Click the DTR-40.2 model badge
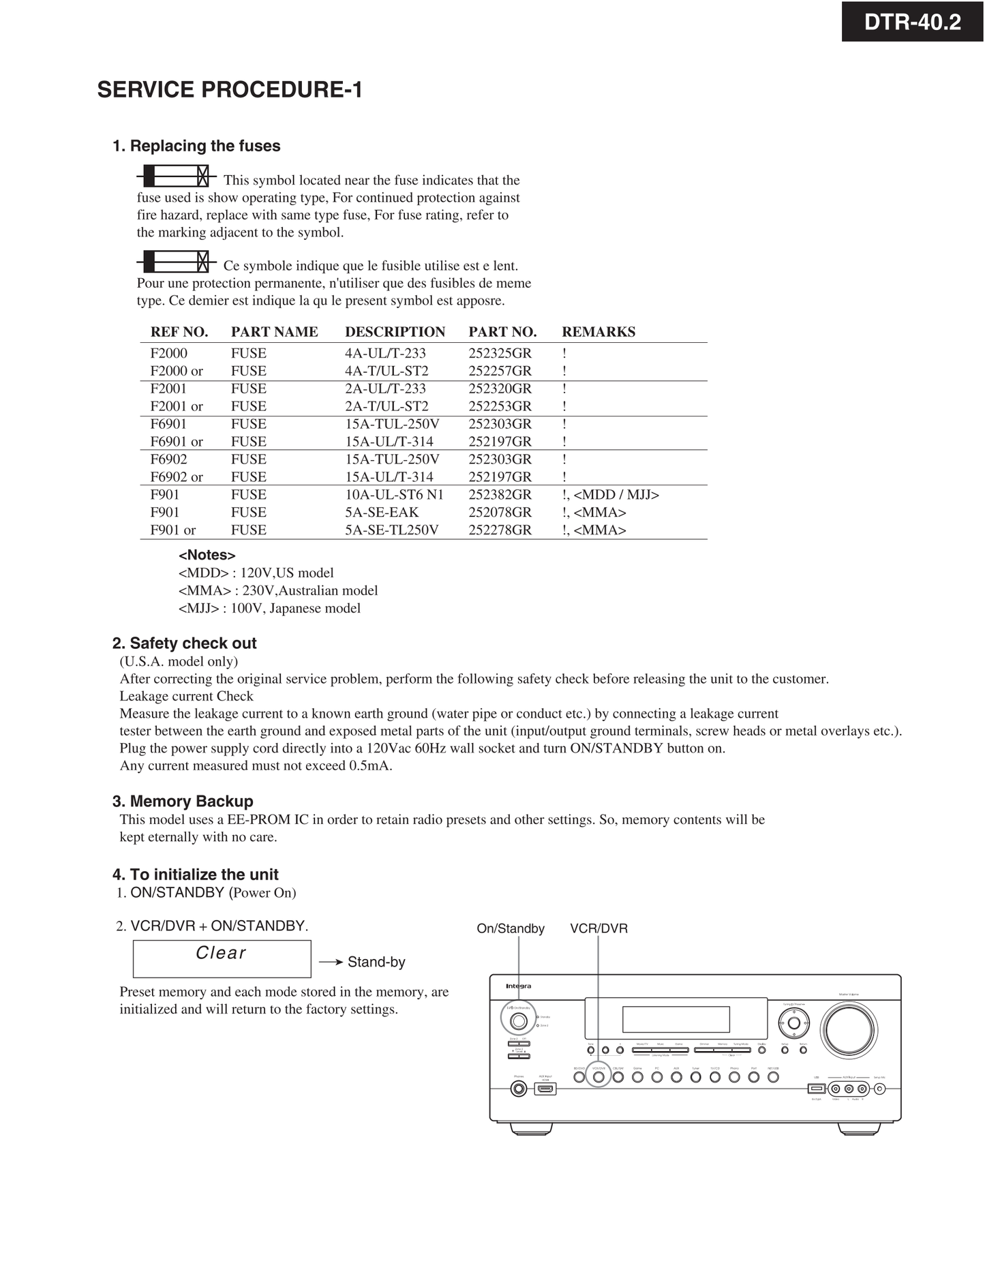(912, 22)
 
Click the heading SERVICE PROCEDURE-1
(230, 90)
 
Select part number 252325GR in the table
(500, 353)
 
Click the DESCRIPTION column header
(395, 332)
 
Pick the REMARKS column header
(598, 332)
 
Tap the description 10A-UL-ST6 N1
(394, 495)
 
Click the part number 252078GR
(500, 513)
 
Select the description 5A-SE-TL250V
(391, 530)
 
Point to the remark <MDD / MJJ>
(616, 495)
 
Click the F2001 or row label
(177, 406)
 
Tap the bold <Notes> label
(207, 555)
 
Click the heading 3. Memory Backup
(183, 802)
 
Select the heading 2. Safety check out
(184, 643)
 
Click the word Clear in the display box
(221, 953)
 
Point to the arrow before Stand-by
(331, 962)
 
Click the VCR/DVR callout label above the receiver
(598, 928)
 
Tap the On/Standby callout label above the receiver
(511, 928)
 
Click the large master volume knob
(849, 1029)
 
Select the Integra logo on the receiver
(518, 986)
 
